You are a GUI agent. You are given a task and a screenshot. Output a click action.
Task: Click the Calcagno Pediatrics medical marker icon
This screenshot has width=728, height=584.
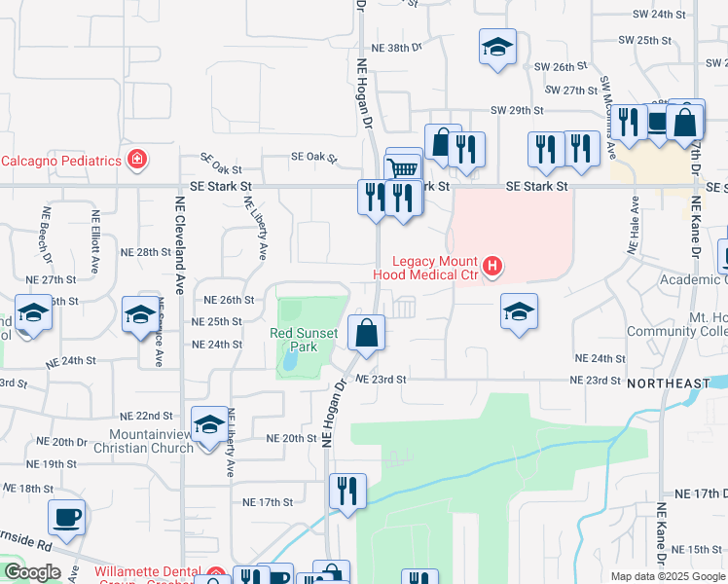(x=137, y=160)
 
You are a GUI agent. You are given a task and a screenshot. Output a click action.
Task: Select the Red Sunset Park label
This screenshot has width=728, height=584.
(x=304, y=340)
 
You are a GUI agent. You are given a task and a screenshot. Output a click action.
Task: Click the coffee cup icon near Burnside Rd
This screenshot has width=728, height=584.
(x=66, y=517)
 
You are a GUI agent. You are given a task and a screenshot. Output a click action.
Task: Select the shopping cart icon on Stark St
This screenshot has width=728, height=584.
(x=404, y=166)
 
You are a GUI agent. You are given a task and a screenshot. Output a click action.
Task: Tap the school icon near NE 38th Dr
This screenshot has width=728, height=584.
(x=496, y=47)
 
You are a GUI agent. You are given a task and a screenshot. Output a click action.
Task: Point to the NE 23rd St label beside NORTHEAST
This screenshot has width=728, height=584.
(x=595, y=380)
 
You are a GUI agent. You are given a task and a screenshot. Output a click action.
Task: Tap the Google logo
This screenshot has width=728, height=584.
(x=32, y=571)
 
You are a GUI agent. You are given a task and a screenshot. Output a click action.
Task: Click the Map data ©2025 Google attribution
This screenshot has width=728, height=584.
(x=667, y=576)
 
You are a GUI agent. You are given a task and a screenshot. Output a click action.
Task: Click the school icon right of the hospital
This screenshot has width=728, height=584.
(x=520, y=311)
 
